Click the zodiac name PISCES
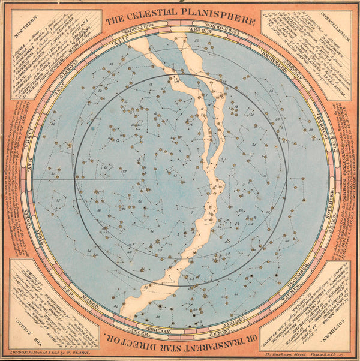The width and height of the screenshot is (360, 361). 325,143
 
